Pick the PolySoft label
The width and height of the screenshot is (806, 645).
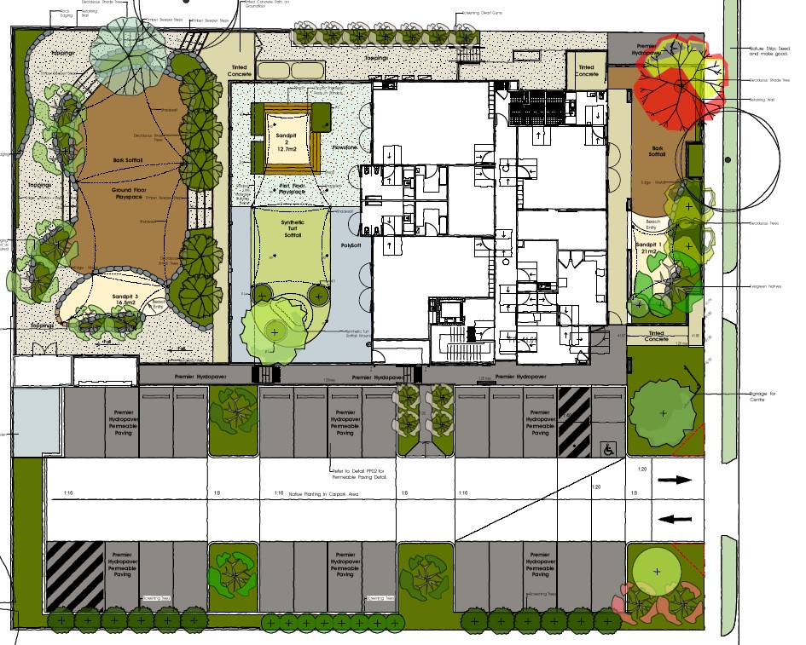point(351,245)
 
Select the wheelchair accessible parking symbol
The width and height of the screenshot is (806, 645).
point(609,446)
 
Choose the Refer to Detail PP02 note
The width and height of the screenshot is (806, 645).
point(361,474)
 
